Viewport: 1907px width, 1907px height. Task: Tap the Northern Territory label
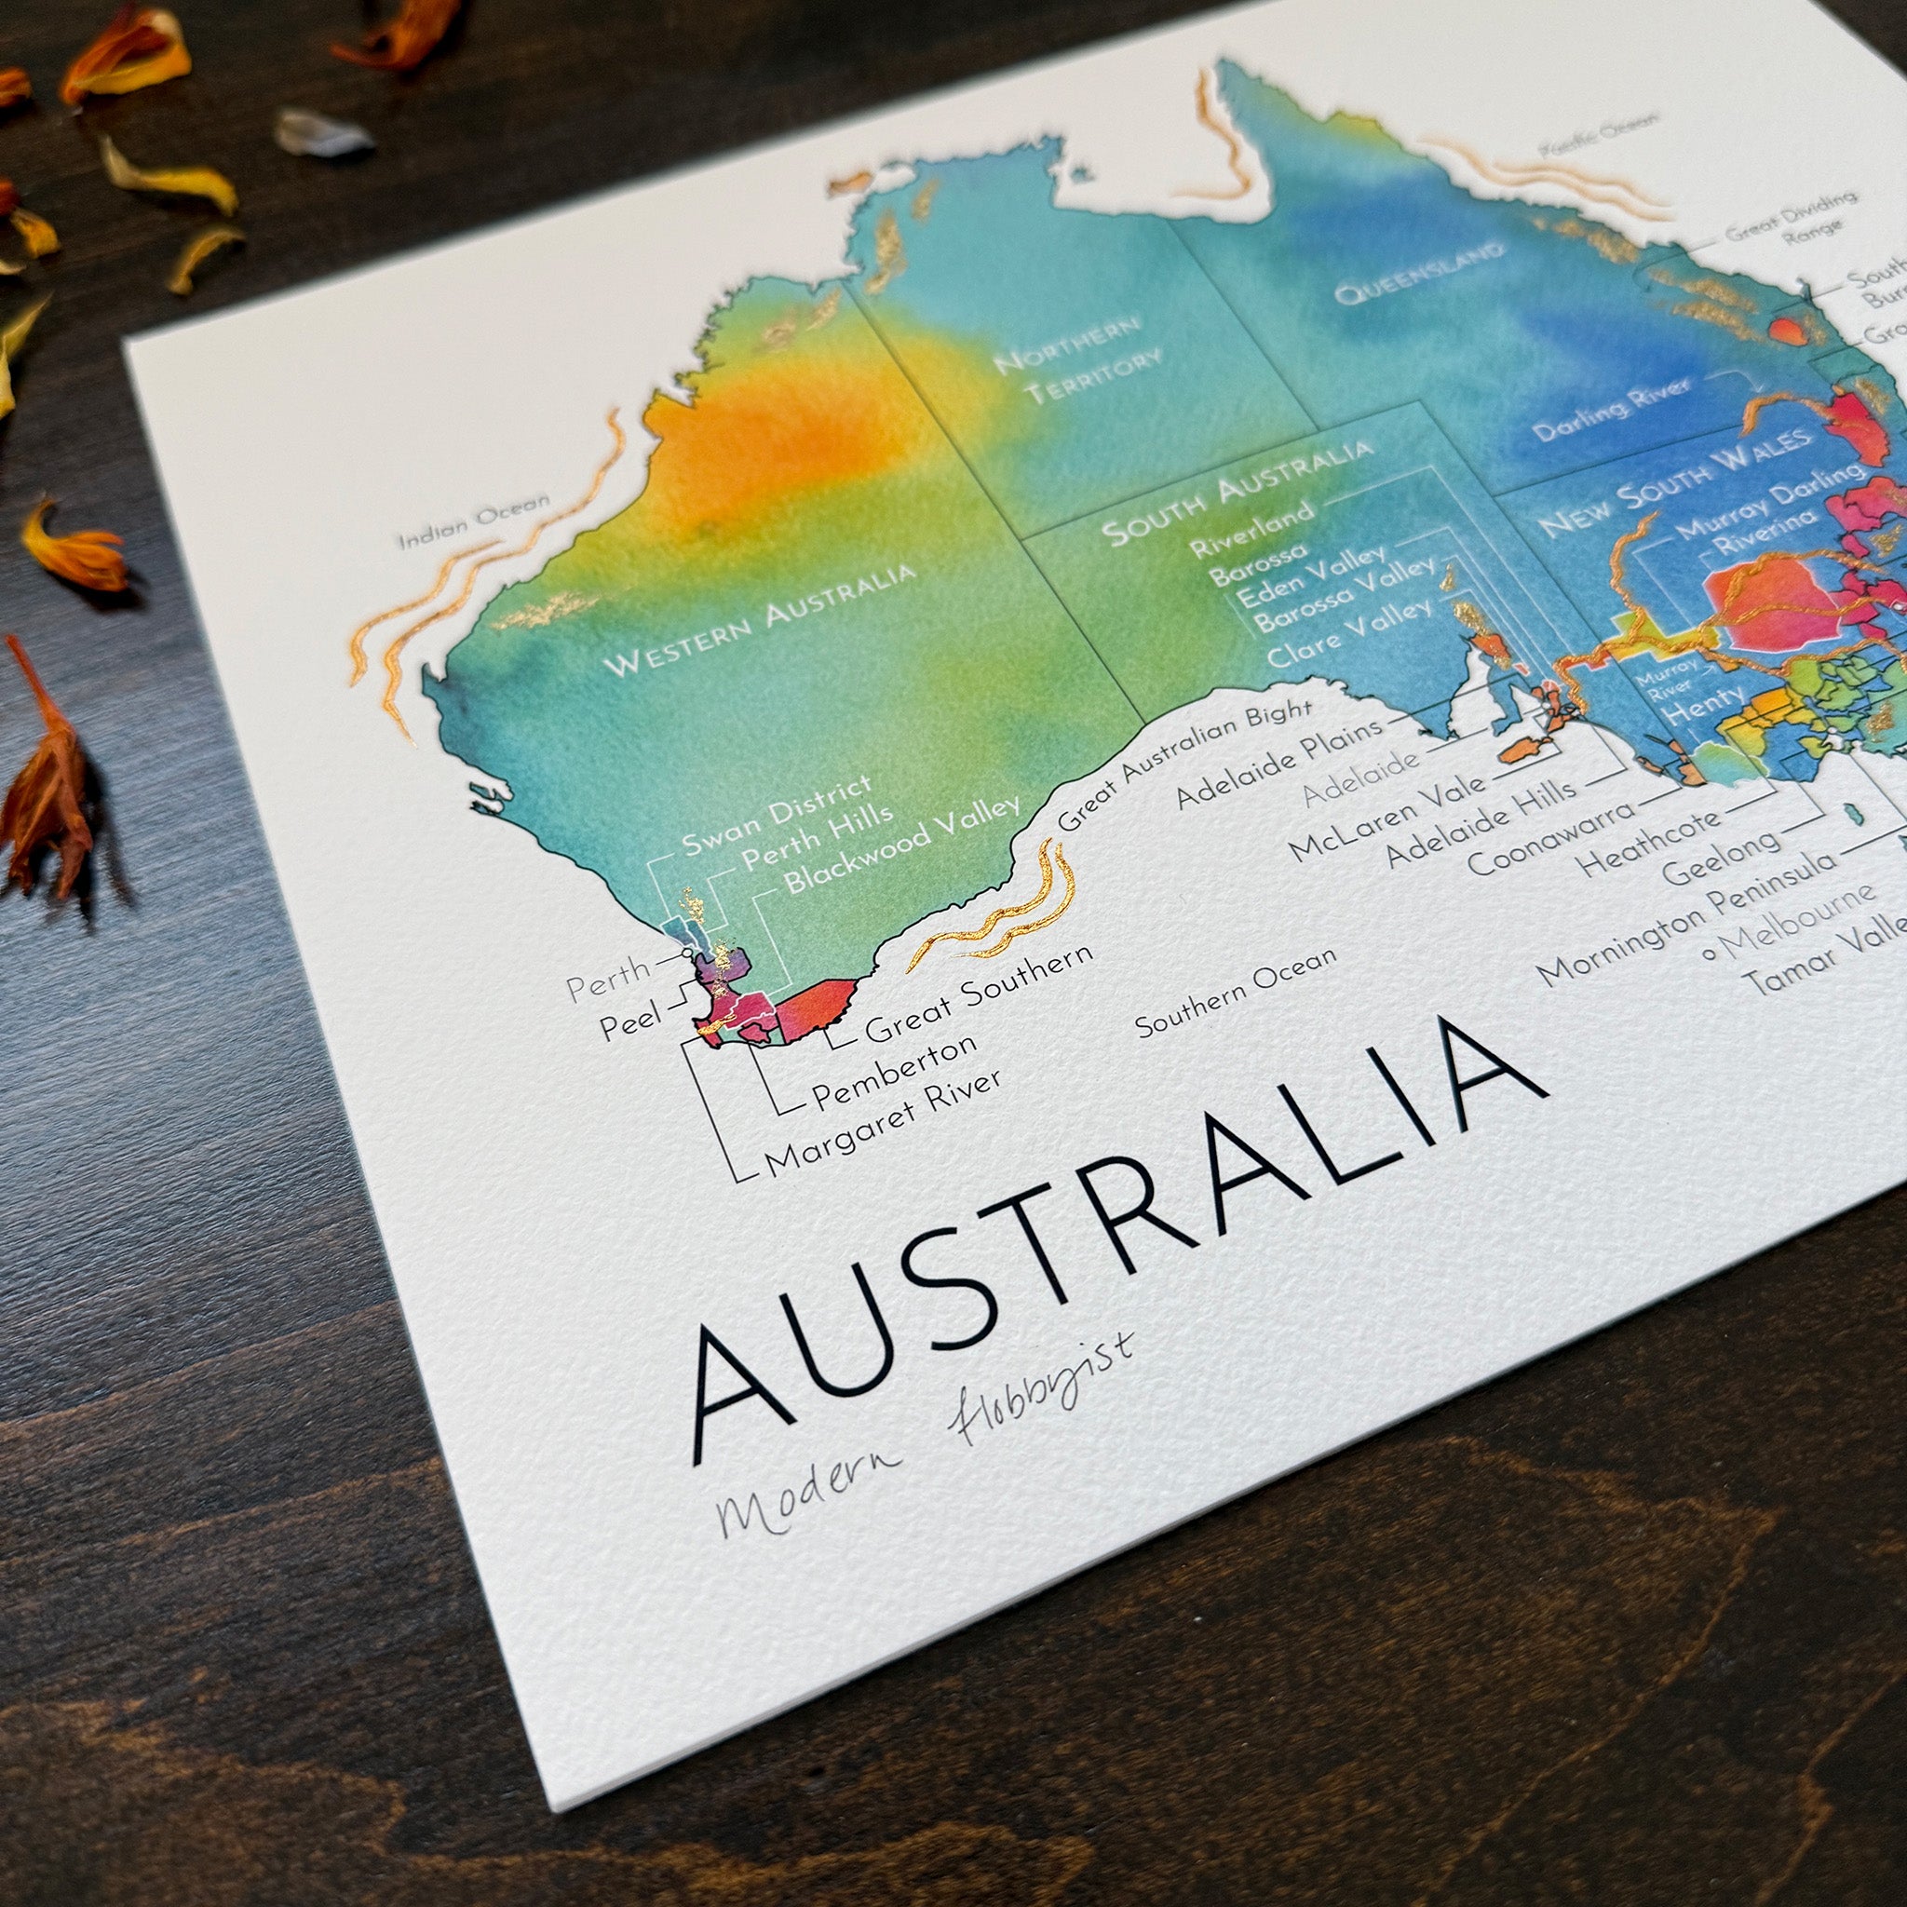(x=1079, y=359)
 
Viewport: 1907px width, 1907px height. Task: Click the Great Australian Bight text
(x=1184, y=765)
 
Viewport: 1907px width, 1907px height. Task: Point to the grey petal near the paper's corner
(x=322, y=133)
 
